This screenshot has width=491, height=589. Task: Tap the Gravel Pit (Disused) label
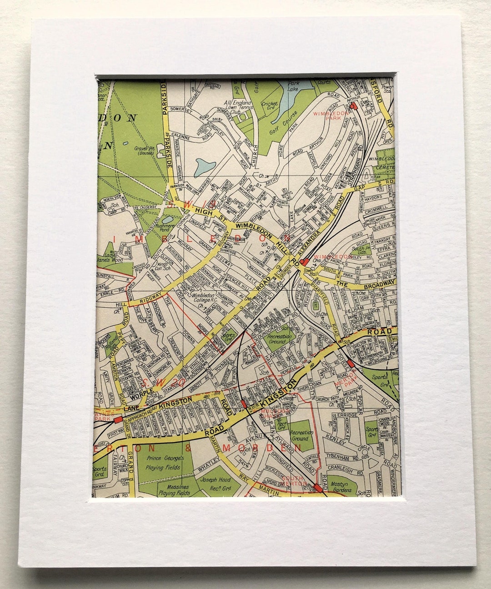point(147,151)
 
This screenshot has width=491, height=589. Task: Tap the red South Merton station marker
point(318,488)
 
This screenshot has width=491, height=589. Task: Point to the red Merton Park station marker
point(350,364)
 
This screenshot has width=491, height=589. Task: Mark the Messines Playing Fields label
point(174,489)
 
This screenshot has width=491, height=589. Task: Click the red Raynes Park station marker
point(118,419)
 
